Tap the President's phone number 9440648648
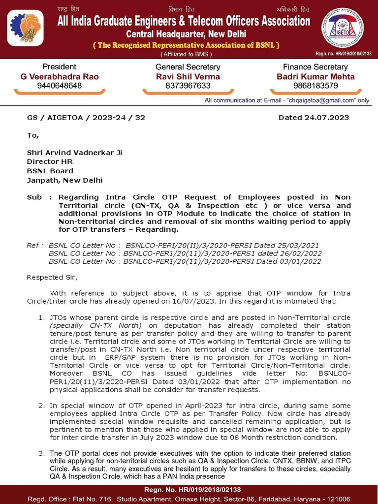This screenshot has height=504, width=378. click(60, 86)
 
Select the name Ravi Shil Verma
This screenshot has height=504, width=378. click(188, 76)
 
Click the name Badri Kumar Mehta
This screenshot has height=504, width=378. click(315, 76)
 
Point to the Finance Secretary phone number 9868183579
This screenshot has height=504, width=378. click(315, 86)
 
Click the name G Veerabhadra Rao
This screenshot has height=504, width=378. click(60, 76)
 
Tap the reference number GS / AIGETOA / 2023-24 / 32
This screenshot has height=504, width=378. click(86, 118)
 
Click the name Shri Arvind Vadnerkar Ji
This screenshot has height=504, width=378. click(74, 153)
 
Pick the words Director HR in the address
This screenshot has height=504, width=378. click(50, 162)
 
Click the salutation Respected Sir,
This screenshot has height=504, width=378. click(52, 277)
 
